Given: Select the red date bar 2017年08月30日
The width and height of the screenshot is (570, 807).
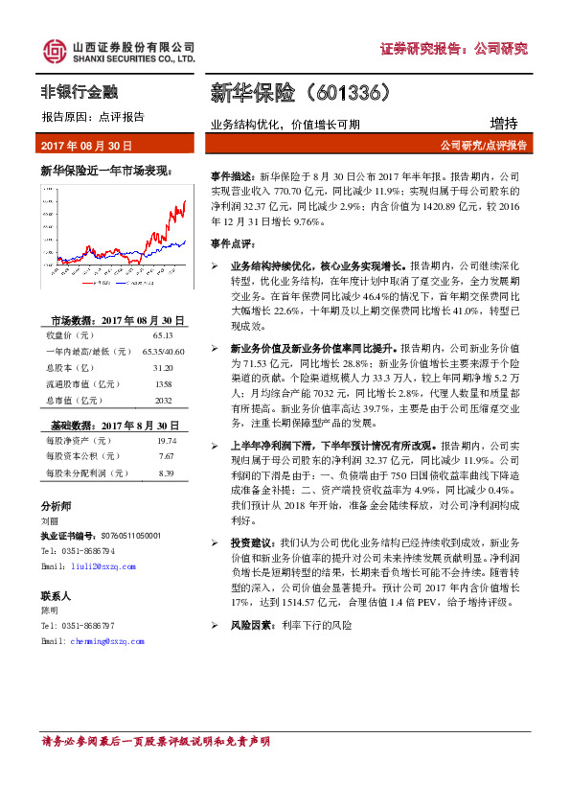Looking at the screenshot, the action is (86, 146).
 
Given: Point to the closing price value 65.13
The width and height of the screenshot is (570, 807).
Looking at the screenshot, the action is (161, 335).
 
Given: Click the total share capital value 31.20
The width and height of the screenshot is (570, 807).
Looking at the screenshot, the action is (161, 368).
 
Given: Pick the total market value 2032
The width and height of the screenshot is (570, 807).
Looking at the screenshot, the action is (161, 401).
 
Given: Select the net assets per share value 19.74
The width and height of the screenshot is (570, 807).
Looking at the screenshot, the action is (166, 440).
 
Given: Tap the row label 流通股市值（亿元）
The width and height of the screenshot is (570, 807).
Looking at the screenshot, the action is (80, 384).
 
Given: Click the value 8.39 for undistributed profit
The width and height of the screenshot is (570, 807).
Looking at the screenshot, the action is (166, 473).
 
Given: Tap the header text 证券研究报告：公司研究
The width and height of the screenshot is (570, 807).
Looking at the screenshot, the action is (454, 49).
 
